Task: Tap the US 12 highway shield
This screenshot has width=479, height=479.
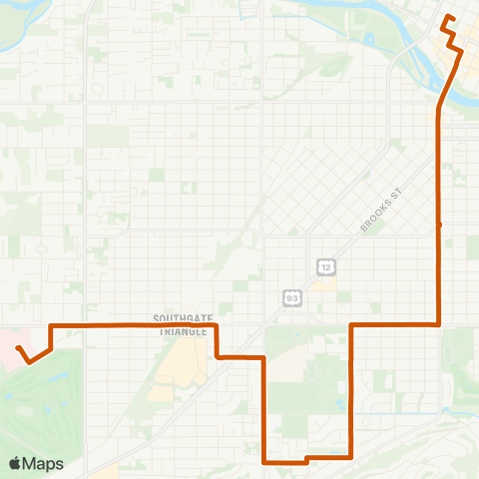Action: pyautogui.click(x=327, y=265)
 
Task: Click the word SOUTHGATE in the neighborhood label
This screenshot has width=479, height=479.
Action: pyautogui.click(x=182, y=318)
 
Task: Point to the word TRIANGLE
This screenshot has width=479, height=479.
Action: pyautogui.click(x=182, y=330)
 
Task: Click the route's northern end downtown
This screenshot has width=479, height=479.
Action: pyautogui.click(x=445, y=19)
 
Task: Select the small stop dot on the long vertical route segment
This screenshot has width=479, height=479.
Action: pyautogui.click(x=440, y=225)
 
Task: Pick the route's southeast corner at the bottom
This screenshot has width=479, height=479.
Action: pyautogui.click(x=350, y=457)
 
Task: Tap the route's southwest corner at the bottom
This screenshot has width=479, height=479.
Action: pyautogui.click(x=263, y=462)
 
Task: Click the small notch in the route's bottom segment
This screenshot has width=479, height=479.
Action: pyautogui.click(x=305, y=460)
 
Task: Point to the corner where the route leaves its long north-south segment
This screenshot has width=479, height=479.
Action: pyautogui.click(x=440, y=324)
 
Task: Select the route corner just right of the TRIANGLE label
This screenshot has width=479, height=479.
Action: pyautogui.click(x=217, y=325)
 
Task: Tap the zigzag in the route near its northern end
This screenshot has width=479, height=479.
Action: pyautogui.click(x=453, y=40)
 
